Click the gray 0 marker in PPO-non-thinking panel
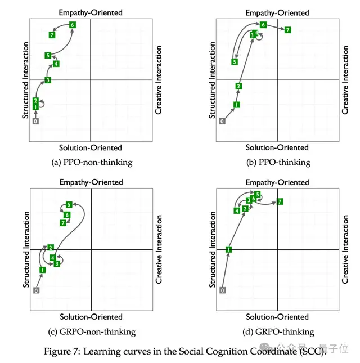(x=35, y=121)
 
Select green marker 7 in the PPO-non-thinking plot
(x=52, y=35)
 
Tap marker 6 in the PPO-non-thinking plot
(x=72, y=25)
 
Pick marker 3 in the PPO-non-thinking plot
(x=48, y=80)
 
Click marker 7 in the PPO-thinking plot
(x=287, y=30)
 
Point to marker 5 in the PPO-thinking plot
(x=235, y=61)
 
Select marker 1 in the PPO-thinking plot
(x=237, y=105)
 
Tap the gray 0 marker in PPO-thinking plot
(x=222, y=121)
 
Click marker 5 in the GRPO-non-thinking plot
(x=69, y=205)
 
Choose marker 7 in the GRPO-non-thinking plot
(x=63, y=223)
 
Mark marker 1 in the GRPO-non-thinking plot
(x=42, y=270)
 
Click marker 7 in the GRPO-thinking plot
(x=280, y=201)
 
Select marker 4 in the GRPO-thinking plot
(x=237, y=210)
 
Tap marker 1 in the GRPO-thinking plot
(x=228, y=249)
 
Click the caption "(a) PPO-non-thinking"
(x=91, y=162)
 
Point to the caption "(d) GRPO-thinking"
(x=278, y=331)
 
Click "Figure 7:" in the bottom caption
(x=62, y=352)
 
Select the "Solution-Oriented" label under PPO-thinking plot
(x=277, y=147)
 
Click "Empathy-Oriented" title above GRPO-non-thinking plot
(x=91, y=182)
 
